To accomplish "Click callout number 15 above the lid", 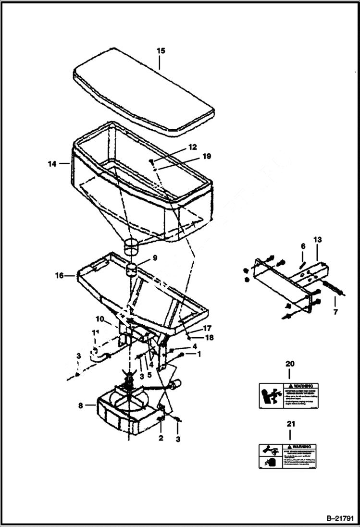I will click(161, 50).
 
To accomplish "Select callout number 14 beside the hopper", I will click(52, 164).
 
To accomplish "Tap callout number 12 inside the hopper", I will click(179, 147).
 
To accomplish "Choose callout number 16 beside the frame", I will click(60, 275).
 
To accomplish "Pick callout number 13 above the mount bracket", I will click(317, 240).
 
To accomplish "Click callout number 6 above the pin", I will click(303, 246).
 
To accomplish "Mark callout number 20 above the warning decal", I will click(290, 364).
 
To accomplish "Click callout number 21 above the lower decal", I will click(290, 424).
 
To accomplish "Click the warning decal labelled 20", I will click(289, 396).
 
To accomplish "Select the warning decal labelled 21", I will click(289, 456).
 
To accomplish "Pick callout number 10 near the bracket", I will click(99, 319).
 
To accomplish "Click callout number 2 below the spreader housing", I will click(161, 438).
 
